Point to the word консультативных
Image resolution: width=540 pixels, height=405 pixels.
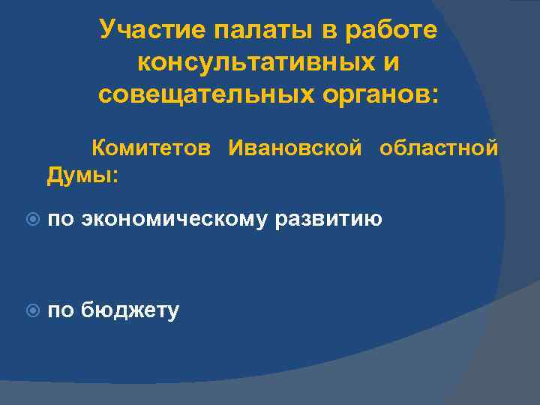click(x=256, y=63)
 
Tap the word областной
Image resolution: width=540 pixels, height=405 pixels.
click(x=439, y=148)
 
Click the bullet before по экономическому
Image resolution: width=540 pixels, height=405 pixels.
click(x=29, y=220)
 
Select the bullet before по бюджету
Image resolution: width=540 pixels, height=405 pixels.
click(x=29, y=310)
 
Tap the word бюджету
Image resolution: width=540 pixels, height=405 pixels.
click(x=130, y=310)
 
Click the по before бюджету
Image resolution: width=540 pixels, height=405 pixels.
click(x=61, y=310)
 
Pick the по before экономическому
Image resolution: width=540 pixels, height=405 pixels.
click(x=61, y=220)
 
